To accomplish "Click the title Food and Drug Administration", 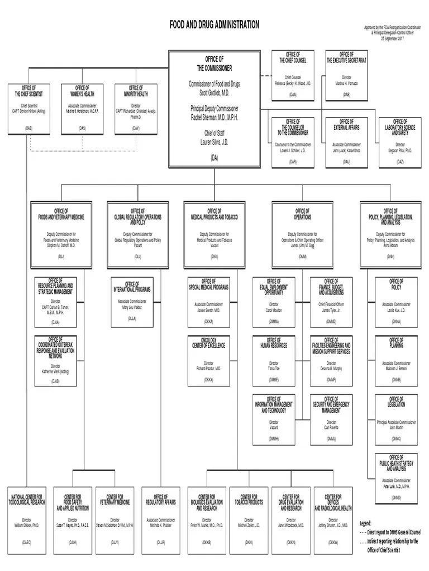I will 214,25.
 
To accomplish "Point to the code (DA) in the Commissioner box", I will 214,158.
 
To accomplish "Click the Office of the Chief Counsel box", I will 293,75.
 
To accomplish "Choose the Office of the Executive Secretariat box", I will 346,75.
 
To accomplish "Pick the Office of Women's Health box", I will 82,109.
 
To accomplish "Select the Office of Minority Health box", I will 136,109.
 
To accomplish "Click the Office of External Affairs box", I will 346,142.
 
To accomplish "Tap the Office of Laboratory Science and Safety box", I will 400,142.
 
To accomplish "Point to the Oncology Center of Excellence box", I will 208,361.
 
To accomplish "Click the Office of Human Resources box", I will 274,361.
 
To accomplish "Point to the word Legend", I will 365,524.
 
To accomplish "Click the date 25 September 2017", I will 392,38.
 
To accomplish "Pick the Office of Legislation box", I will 396,420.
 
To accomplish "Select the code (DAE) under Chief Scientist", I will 28,128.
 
